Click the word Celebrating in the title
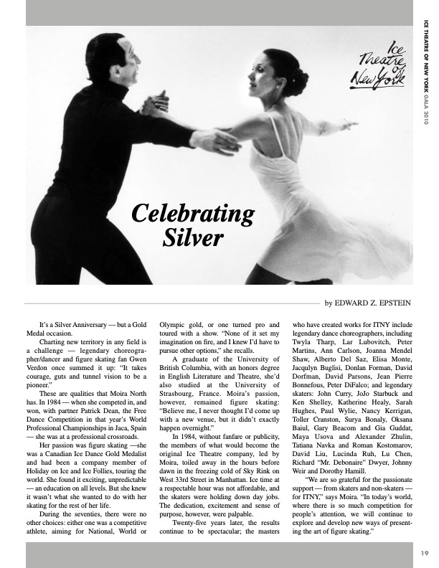pos(193,213)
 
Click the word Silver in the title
pos(193,236)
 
